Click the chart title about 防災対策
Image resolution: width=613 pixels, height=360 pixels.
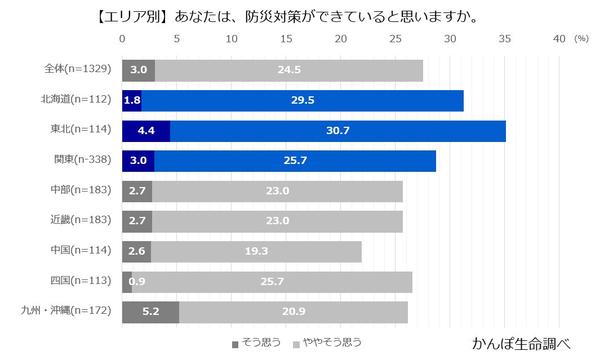point(287,17)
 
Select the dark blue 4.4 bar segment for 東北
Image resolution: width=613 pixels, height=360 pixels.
point(146,131)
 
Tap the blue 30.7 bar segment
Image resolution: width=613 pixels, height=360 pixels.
point(338,131)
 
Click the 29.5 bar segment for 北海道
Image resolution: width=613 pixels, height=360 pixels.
point(303,101)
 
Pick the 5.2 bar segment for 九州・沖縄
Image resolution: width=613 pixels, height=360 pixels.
point(150,312)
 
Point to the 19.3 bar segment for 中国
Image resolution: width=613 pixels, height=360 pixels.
point(256,251)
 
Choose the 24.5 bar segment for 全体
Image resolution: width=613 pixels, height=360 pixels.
point(289,70)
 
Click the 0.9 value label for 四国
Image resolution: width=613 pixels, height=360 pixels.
point(137,282)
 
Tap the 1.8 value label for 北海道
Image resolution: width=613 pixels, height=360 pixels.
point(132,101)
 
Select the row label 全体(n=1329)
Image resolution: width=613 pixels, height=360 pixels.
point(78,69)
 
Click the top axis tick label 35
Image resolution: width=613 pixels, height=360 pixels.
point(505,39)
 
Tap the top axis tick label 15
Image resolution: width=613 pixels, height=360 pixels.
point(286,39)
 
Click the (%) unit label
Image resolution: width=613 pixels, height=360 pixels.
point(581,39)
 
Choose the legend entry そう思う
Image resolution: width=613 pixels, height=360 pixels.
point(256,343)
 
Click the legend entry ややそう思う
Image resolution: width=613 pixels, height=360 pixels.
point(327,343)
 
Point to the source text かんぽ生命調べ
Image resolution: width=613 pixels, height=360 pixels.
point(521,343)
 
